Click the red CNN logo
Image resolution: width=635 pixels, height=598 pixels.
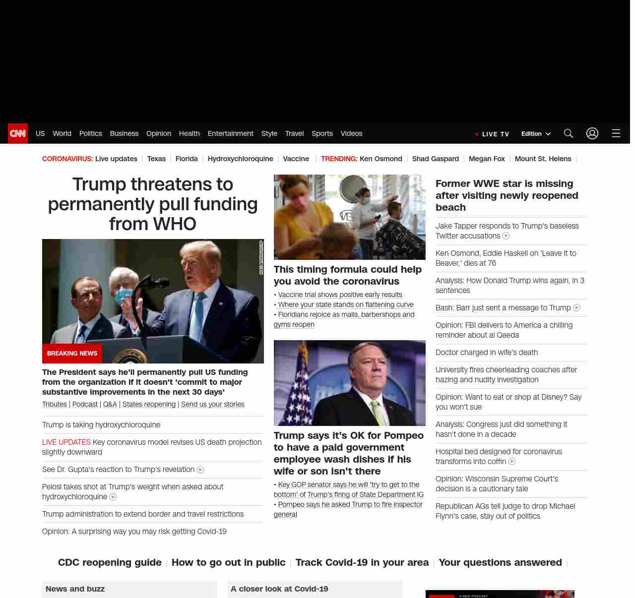(18, 133)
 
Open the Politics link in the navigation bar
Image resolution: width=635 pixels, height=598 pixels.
(90, 133)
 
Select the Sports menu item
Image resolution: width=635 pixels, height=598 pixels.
(322, 133)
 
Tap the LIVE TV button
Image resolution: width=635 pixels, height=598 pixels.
(492, 134)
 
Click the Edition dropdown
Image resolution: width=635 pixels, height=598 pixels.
(536, 134)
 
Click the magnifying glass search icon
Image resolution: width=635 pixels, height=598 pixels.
(568, 133)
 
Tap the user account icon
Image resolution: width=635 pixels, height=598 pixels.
(592, 133)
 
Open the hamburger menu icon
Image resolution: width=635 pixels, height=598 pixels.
(616, 133)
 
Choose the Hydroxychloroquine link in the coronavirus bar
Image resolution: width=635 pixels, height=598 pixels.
(240, 159)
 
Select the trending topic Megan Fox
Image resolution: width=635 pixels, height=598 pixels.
(486, 159)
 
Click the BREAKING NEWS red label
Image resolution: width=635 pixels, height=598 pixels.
(72, 354)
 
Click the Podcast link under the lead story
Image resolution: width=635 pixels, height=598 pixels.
(85, 404)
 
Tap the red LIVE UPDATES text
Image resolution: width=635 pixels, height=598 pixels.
(66, 442)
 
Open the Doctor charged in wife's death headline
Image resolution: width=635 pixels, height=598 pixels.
(486, 353)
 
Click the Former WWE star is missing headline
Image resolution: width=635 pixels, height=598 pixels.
(507, 195)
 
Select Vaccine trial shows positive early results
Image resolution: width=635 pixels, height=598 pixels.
(340, 295)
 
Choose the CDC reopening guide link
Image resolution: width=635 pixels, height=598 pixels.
(110, 562)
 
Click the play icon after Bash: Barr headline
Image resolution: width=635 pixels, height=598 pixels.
(576, 308)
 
